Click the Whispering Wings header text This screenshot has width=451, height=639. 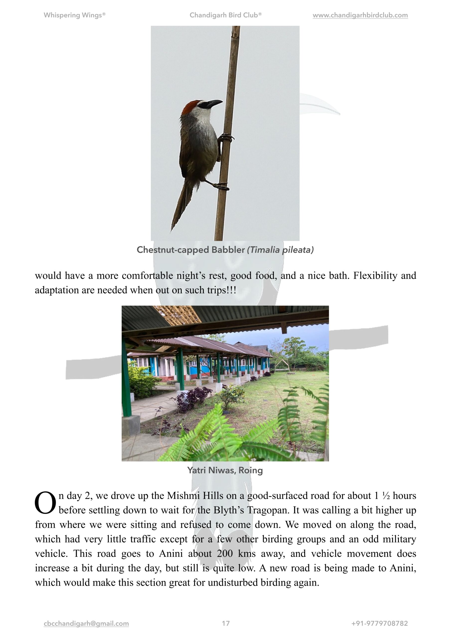pyautogui.click(x=74, y=15)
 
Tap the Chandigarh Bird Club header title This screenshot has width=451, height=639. pyautogui.click(x=225, y=15)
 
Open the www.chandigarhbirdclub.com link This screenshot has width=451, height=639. pyautogui.click(x=360, y=15)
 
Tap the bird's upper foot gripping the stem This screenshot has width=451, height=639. pyautogui.click(x=227, y=138)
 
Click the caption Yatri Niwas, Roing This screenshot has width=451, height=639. pyautogui.click(x=225, y=470)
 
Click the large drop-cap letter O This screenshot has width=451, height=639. pyautogui.click(x=45, y=503)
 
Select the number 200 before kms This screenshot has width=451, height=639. pyautogui.click(x=225, y=554)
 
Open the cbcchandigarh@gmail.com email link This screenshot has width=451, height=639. pyautogui.click(x=86, y=624)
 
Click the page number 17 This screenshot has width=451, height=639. pyautogui.click(x=225, y=624)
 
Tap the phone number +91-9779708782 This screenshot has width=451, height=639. pyautogui.click(x=379, y=624)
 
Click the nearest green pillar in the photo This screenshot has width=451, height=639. pyautogui.click(x=126, y=378)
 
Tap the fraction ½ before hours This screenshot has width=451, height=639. pyautogui.click(x=386, y=496)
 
